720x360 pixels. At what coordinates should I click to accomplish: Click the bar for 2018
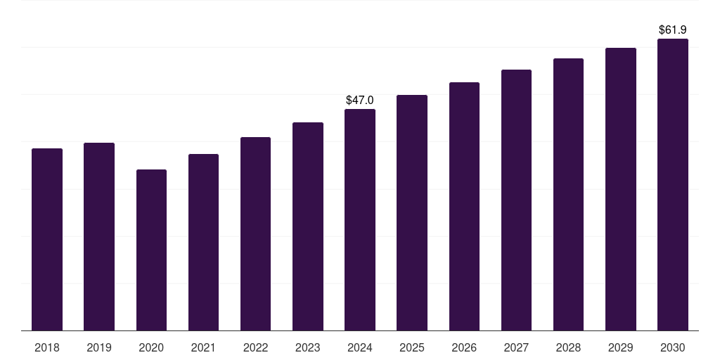(47, 239)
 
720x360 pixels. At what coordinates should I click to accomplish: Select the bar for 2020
(151, 250)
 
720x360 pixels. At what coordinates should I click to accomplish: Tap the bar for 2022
(255, 233)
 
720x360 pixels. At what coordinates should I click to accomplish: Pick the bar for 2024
(360, 219)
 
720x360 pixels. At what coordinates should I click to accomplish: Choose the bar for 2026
(464, 206)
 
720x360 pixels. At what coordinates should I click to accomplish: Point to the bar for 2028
(568, 194)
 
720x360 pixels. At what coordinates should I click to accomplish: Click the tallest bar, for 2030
(672, 184)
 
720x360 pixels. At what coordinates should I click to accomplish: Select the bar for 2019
(99, 236)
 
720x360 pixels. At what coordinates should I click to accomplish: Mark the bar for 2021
(203, 242)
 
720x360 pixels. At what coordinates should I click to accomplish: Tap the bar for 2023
(308, 226)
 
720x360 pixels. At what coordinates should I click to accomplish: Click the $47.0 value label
(360, 101)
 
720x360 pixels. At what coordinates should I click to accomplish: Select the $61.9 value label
(672, 30)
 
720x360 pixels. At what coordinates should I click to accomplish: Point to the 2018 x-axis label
(47, 347)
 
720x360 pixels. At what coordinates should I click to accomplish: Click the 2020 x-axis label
(151, 347)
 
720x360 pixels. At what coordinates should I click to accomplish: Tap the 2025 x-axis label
(412, 347)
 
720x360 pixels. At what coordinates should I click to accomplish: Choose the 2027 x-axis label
(516, 347)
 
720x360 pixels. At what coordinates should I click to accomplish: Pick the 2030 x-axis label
(672, 347)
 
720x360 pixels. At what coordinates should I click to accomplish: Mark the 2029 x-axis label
(620, 347)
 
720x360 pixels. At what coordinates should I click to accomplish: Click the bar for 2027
(516, 200)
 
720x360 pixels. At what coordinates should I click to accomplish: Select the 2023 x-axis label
(308, 347)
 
